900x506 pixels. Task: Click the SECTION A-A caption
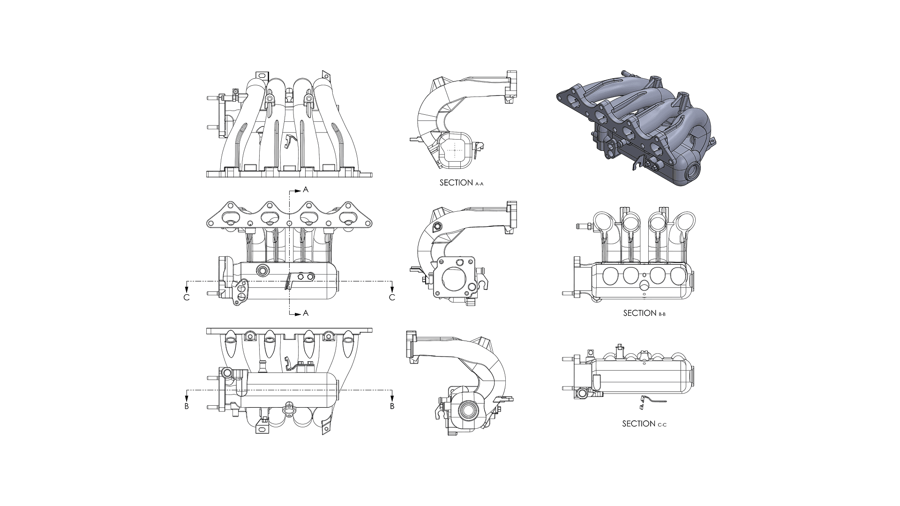click(461, 183)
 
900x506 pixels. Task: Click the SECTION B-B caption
click(644, 313)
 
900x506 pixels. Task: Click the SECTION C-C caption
click(644, 424)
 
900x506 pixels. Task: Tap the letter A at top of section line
click(306, 190)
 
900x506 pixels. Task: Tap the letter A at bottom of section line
click(306, 313)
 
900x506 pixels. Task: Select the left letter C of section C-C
click(187, 298)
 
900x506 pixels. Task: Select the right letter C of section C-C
click(392, 298)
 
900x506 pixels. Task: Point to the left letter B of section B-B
click(187, 406)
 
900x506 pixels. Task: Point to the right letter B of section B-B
click(392, 406)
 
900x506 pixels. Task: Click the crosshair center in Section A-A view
click(455, 150)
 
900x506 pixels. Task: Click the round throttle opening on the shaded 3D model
click(692, 172)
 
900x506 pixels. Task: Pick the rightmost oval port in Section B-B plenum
click(678, 275)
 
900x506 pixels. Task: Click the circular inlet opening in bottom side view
click(468, 410)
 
